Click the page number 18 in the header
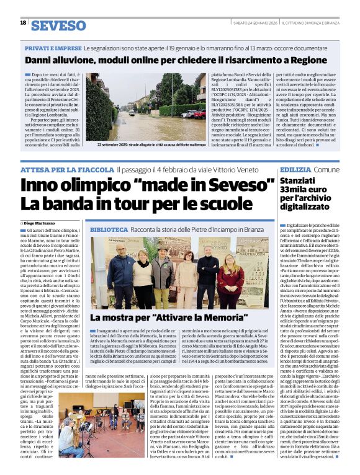click(x=23, y=23)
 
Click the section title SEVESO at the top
click(x=58, y=25)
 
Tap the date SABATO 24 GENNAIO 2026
click(x=246, y=23)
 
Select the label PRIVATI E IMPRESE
click(x=52, y=48)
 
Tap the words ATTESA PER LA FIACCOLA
click(x=66, y=169)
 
